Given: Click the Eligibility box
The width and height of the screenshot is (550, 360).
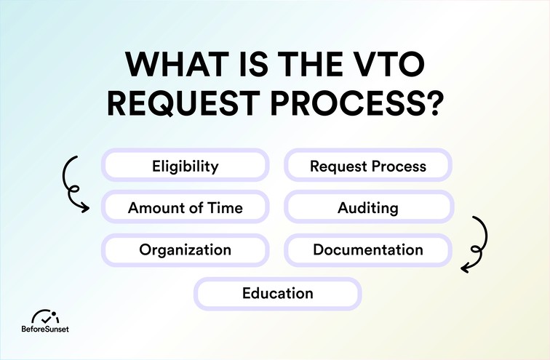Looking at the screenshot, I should coord(186,166).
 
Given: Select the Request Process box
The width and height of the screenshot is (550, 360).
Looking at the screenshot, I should coord(368,166).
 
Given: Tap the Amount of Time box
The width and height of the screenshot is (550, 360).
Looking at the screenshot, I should coord(186,208).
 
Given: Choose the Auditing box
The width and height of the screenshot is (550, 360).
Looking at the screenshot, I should coord(368,208).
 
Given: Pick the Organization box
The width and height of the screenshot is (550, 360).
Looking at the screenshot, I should coord(186,250).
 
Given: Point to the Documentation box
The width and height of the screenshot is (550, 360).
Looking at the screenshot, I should coord(368,250).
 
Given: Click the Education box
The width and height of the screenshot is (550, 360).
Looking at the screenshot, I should coord(277,294).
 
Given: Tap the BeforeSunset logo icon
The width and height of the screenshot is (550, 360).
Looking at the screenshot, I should coord(47,318).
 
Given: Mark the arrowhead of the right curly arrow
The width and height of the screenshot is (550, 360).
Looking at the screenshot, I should coord(464,270).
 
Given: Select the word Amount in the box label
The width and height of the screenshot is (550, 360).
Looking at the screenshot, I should coord(155,208).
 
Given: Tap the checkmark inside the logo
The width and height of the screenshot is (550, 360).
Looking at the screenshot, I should coord(48,317).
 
